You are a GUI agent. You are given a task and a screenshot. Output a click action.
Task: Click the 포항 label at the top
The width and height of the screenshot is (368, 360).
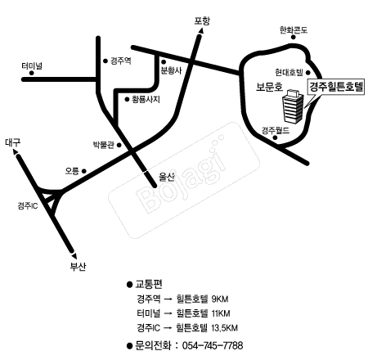point(202,20)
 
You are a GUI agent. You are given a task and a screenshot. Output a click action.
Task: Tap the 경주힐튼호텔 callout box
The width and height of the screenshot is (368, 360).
point(336,87)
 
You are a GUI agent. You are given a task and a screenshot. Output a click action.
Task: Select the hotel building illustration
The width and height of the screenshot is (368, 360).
point(293,106)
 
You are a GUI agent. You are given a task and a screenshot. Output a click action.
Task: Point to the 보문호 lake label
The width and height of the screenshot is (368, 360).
point(269,87)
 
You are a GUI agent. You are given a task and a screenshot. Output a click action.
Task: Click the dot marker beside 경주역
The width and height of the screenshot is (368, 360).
point(105,61)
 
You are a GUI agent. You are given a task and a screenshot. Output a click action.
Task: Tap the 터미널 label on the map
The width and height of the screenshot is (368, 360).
point(32,66)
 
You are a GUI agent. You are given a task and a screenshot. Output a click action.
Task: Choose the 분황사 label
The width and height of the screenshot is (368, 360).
point(171,70)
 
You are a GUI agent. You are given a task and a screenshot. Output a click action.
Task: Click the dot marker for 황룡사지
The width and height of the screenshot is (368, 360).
point(127,99)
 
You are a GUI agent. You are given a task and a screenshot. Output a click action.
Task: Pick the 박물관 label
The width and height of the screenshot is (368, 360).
point(104,145)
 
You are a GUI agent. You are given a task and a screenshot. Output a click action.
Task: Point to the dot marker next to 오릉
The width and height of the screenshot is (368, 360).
point(84,171)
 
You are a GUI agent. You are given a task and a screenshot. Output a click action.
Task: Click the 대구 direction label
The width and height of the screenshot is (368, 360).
point(12,142)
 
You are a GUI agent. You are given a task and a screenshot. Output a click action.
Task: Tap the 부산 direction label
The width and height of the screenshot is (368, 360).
point(78,266)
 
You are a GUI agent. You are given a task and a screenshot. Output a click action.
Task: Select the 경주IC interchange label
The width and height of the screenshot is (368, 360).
point(28,205)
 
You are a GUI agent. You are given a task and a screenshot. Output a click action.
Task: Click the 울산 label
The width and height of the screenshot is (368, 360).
point(167,178)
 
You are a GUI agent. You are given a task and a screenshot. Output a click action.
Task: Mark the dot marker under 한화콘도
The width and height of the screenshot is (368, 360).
point(294,37)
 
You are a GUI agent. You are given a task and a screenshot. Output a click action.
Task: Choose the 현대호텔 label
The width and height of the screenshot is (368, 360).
point(289,72)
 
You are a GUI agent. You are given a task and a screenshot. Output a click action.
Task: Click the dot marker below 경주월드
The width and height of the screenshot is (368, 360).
point(276,137)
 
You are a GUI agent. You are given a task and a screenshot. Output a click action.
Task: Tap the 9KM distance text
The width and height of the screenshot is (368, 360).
point(220,299)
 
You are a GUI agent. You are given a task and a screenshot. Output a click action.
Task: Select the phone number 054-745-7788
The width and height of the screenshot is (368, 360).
point(213,345)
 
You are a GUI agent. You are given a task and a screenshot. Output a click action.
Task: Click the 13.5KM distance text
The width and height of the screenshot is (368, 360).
point(224,327)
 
